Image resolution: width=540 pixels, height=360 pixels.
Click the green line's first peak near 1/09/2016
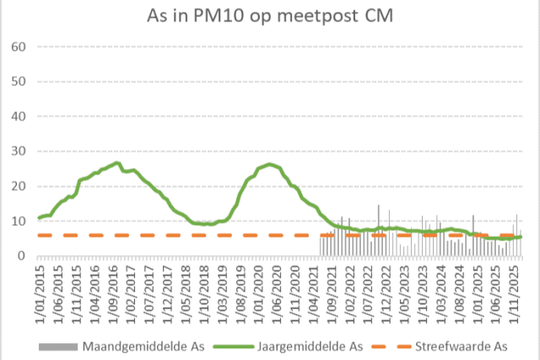click(116, 163)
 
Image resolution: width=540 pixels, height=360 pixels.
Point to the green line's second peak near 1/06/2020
click(269, 164)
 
